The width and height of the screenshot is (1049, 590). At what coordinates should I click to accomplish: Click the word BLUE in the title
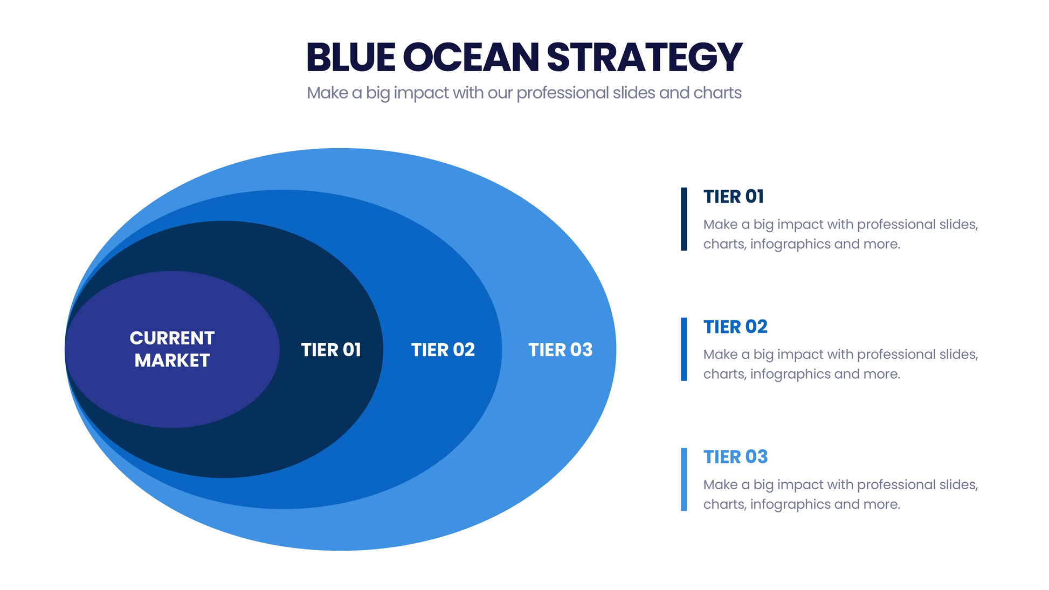[x=351, y=57]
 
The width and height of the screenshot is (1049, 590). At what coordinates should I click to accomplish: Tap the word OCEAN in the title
[x=471, y=57]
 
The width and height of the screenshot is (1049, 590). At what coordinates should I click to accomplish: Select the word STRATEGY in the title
[x=645, y=57]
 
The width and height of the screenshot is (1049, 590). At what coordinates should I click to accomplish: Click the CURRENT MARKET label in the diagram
[x=172, y=349]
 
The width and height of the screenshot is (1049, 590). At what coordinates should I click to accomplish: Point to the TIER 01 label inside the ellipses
[x=331, y=350]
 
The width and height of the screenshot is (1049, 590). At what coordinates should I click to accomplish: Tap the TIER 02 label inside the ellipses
[x=443, y=350]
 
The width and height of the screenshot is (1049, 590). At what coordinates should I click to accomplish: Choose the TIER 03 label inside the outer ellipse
[x=561, y=350]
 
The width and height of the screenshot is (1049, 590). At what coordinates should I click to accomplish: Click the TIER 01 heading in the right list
[x=734, y=197]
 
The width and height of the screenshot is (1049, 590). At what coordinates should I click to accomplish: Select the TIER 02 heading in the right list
[x=735, y=327]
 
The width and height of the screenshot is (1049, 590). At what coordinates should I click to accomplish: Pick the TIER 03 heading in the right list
[x=735, y=457]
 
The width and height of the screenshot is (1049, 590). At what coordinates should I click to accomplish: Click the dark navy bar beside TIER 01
[x=684, y=219]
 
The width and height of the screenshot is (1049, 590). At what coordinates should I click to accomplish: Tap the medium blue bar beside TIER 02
[x=684, y=349]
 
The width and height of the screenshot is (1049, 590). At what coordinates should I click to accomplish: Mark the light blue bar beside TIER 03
[x=684, y=479]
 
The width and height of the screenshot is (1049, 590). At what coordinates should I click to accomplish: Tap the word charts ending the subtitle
[x=717, y=93]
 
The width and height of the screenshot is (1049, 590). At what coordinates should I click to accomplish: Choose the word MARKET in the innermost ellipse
[x=172, y=360]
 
